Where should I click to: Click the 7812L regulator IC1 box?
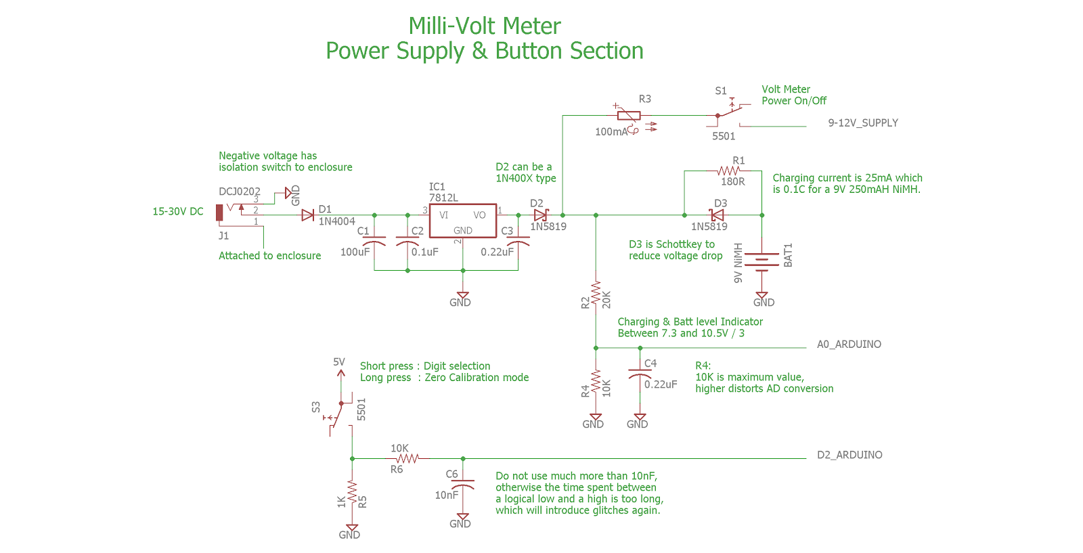click(x=462, y=221)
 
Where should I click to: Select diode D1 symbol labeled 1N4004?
click(x=308, y=215)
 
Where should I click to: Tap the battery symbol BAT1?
click(x=761, y=261)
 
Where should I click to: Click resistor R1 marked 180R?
click(x=728, y=171)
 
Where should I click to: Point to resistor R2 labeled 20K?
click(x=596, y=294)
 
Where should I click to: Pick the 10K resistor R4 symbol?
click(x=596, y=382)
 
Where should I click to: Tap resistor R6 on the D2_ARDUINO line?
click(x=407, y=458)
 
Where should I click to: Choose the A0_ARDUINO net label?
click(x=849, y=344)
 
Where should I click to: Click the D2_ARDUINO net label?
click(x=849, y=455)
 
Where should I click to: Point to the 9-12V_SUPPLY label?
click(x=863, y=123)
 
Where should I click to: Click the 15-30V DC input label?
click(x=178, y=211)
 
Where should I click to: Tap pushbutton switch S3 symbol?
click(x=336, y=415)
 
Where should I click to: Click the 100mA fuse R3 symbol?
click(x=629, y=116)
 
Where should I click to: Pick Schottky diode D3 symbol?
click(x=717, y=215)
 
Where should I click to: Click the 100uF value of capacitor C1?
click(x=355, y=252)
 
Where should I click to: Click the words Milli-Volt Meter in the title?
click(x=485, y=26)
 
